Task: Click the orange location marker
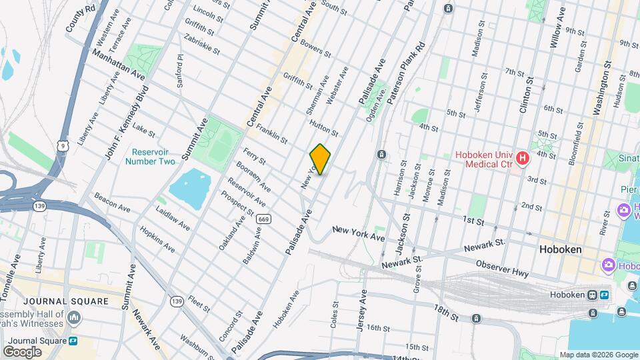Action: click(320, 159)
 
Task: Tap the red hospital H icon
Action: click(523, 159)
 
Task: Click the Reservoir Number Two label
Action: click(153, 157)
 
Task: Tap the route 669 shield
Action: click(263, 219)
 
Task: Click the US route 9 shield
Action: click(62, 144)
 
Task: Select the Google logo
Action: click(22, 351)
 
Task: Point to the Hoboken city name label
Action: click(560, 249)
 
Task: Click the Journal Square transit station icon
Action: click(73, 341)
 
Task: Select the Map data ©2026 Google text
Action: click(599, 355)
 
